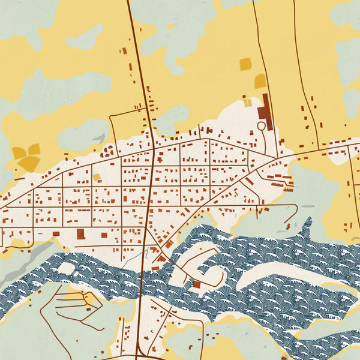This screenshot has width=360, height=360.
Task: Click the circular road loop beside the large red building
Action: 261,127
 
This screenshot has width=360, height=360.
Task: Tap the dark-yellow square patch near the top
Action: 245,64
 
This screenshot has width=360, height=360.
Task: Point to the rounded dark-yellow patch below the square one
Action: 260,82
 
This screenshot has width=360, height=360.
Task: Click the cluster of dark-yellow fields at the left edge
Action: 26,156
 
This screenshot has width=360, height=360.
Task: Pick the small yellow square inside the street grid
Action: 97,177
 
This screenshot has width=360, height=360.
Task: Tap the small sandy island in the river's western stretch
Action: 65,268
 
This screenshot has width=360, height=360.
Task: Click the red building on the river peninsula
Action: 196,284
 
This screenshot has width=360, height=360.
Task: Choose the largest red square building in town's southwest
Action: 80,234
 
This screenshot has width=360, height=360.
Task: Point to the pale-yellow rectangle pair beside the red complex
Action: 248,103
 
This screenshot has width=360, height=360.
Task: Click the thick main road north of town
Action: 139,60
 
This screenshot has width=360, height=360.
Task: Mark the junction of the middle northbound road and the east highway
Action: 277,157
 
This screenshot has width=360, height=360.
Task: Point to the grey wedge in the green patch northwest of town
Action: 98,139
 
